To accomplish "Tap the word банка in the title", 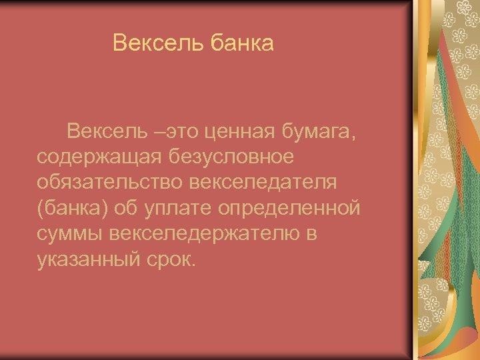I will pos(242,43).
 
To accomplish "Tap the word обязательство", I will pos(111,182).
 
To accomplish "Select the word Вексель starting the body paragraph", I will pos(107,133).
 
